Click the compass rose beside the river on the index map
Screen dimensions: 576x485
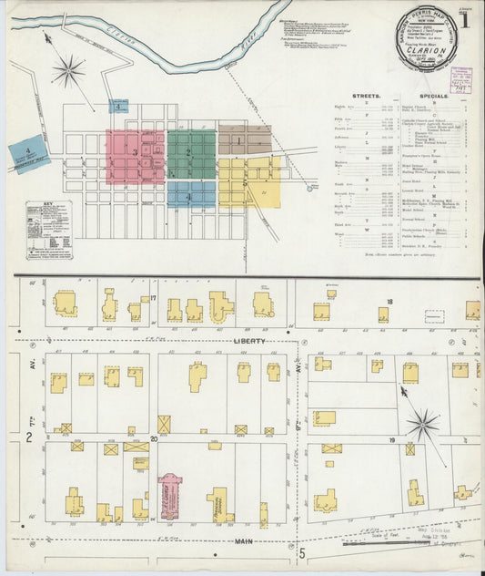69,71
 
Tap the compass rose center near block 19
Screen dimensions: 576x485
422,423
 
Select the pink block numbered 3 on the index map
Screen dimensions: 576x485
135,156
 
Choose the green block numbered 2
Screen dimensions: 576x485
191,153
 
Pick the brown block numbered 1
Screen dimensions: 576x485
244,140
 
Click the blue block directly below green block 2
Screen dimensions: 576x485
191,195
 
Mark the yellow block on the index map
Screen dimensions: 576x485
248,182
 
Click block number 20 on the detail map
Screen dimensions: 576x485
154,438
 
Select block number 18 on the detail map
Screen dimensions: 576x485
389,301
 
